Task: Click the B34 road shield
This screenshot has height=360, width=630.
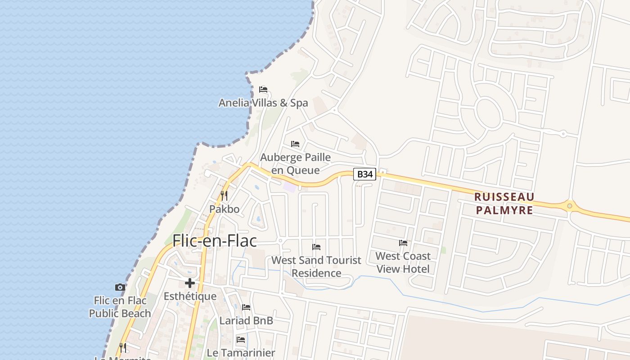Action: pyautogui.click(x=364, y=174)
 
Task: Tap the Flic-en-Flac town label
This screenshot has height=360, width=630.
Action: pyautogui.click(x=215, y=241)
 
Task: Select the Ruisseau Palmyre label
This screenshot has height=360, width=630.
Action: pyautogui.click(x=504, y=203)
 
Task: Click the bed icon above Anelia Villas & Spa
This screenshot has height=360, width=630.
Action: pyautogui.click(x=263, y=89)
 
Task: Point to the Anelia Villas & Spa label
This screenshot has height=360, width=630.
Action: pyautogui.click(x=263, y=103)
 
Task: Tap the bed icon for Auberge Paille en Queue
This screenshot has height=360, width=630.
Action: pyautogui.click(x=295, y=144)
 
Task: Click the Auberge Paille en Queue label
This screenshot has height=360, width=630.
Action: pyautogui.click(x=296, y=164)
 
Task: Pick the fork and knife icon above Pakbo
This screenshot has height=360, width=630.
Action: pyautogui.click(x=224, y=196)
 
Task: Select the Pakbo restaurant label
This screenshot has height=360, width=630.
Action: pyautogui.click(x=224, y=209)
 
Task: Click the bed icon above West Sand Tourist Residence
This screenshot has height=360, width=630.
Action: pyautogui.click(x=316, y=247)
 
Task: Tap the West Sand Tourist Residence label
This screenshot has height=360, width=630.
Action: pyautogui.click(x=316, y=266)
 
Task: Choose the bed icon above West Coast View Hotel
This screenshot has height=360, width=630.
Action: pyautogui.click(x=403, y=243)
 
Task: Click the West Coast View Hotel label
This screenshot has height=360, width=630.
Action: pyautogui.click(x=403, y=262)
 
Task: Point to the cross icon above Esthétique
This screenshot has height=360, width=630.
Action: pyautogui.click(x=190, y=283)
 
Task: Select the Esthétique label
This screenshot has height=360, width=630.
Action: pyautogui.click(x=190, y=297)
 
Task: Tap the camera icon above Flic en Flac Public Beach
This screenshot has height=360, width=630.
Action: pyautogui.click(x=120, y=287)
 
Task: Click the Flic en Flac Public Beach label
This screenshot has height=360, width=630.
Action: pyautogui.click(x=120, y=307)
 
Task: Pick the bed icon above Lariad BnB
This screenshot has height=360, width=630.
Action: pyautogui.click(x=246, y=307)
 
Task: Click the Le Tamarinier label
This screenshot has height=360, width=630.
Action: pyautogui.click(x=241, y=353)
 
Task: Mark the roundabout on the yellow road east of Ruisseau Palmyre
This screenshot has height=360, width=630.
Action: pyautogui.click(x=570, y=206)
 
